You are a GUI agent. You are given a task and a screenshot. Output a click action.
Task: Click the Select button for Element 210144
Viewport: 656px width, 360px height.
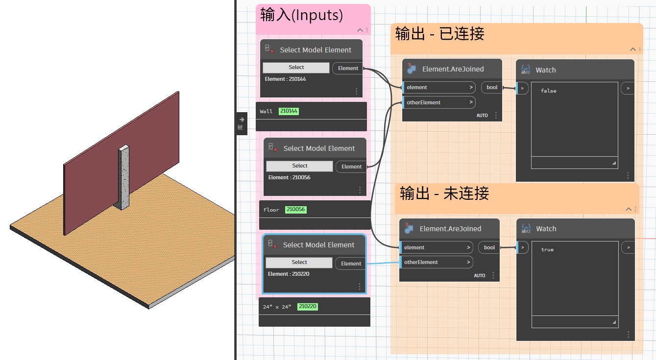click(x=296, y=68)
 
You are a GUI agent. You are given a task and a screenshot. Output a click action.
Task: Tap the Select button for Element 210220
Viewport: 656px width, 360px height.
click(x=299, y=263)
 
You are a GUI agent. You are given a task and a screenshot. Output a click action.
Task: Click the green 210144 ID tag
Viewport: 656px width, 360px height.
click(x=289, y=111)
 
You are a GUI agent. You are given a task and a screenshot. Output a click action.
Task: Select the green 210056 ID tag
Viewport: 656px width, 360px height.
click(x=295, y=210)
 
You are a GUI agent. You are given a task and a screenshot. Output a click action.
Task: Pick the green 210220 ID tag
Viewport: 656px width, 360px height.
click(x=308, y=307)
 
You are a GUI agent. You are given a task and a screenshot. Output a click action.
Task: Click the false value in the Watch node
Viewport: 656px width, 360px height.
click(x=548, y=91)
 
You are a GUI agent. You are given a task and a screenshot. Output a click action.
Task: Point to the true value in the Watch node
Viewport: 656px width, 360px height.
click(x=547, y=250)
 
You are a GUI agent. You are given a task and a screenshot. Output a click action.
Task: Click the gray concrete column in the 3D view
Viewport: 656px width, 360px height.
click(x=124, y=177)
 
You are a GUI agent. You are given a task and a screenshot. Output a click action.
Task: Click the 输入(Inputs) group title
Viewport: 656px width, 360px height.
click(x=301, y=15)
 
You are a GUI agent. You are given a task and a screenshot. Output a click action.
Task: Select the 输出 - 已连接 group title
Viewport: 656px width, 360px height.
click(x=439, y=34)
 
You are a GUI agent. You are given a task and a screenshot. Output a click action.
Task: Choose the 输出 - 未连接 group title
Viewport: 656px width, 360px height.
click(x=444, y=193)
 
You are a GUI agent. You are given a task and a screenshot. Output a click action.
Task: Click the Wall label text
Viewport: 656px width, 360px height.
click(x=266, y=112)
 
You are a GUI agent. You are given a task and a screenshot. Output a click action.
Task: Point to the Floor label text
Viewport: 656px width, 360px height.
click(x=271, y=210)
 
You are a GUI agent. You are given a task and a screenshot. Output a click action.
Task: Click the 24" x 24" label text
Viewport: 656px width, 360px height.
click(x=277, y=307)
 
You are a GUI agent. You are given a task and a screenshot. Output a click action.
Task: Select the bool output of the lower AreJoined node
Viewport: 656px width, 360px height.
click(x=489, y=247)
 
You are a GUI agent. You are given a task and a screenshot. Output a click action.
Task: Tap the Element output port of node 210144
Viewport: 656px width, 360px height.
click(x=348, y=68)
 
